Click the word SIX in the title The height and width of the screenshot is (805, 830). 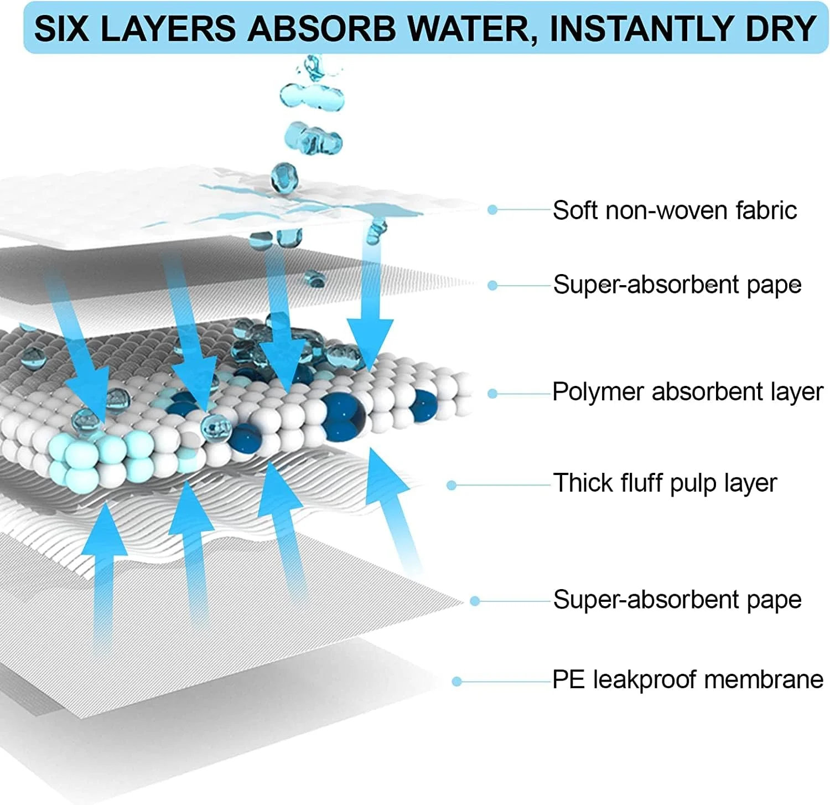(x=61, y=29)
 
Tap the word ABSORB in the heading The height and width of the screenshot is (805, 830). (x=321, y=29)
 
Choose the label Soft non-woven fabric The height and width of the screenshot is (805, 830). (x=675, y=210)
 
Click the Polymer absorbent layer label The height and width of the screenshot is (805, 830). (x=688, y=392)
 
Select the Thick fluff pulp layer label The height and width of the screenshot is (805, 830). (x=665, y=483)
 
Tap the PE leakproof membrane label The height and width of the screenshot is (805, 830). (x=688, y=680)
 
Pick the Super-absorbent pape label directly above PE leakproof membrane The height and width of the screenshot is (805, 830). (x=677, y=600)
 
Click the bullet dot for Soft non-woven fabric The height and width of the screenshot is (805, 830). (x=492, y=210)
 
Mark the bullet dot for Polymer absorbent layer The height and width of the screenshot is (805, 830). (x=492, y=394)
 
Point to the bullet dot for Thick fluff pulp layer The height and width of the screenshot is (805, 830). (x=452, y=486)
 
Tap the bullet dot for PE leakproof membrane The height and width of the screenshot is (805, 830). (x=456, y=682)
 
